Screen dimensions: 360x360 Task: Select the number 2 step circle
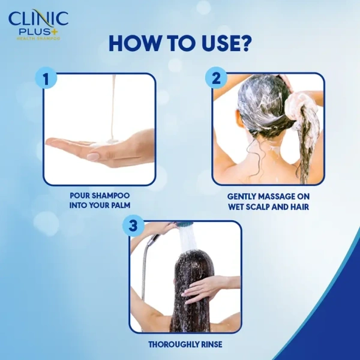[216, 79]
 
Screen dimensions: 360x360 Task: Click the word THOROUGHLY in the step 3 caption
[170, 345]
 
